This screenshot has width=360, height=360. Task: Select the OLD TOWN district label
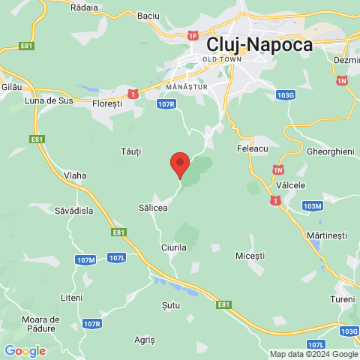tap(220, 58)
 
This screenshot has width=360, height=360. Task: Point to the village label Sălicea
tap(154, 207)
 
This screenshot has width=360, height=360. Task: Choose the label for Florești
tap(106, 104)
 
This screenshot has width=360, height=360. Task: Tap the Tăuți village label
tap(130, 151)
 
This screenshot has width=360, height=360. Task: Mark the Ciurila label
tap(173, 247)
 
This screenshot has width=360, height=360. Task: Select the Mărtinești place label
tap(327, 235)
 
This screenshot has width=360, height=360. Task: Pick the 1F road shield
tap(193, 35)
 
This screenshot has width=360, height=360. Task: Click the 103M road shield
tap(312, 205)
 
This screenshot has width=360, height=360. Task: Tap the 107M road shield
tap(86, 259)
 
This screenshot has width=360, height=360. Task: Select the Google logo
tap(25, 351)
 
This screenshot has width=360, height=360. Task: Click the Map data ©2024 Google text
tap(313, 354)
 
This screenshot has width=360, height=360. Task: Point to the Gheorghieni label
tap(330, 151)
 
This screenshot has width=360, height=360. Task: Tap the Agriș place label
tap(144, 340)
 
